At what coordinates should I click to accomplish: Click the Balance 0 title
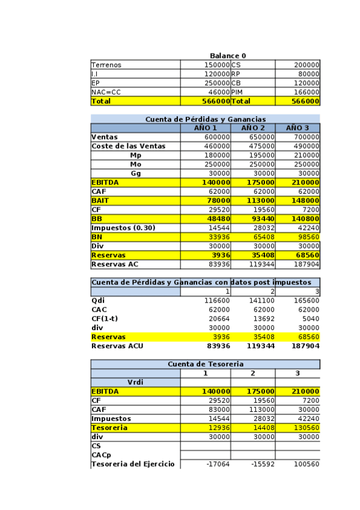pyautogui.click(x=227, y=56)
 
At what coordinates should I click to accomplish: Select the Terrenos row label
pyautogui.click(x=106, y=65)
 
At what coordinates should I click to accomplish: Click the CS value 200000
pyautogui.click(x=307, y=65)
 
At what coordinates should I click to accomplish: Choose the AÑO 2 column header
pyautogui.click(x=253, y=128)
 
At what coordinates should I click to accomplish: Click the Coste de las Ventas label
pyautogui.click(x=128, y=146)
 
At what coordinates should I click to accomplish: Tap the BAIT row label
pyautogui.click(x=100, y=200)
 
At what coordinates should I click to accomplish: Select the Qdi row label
pyautogui.click(x=97, y=301)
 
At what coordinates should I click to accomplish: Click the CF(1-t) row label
pyautogui.click(x=104, y=319)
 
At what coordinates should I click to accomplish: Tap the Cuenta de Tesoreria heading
pyautogui.click(x=205, y=364)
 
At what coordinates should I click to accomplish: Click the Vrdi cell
pyautogui.click(x=136, y=382)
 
